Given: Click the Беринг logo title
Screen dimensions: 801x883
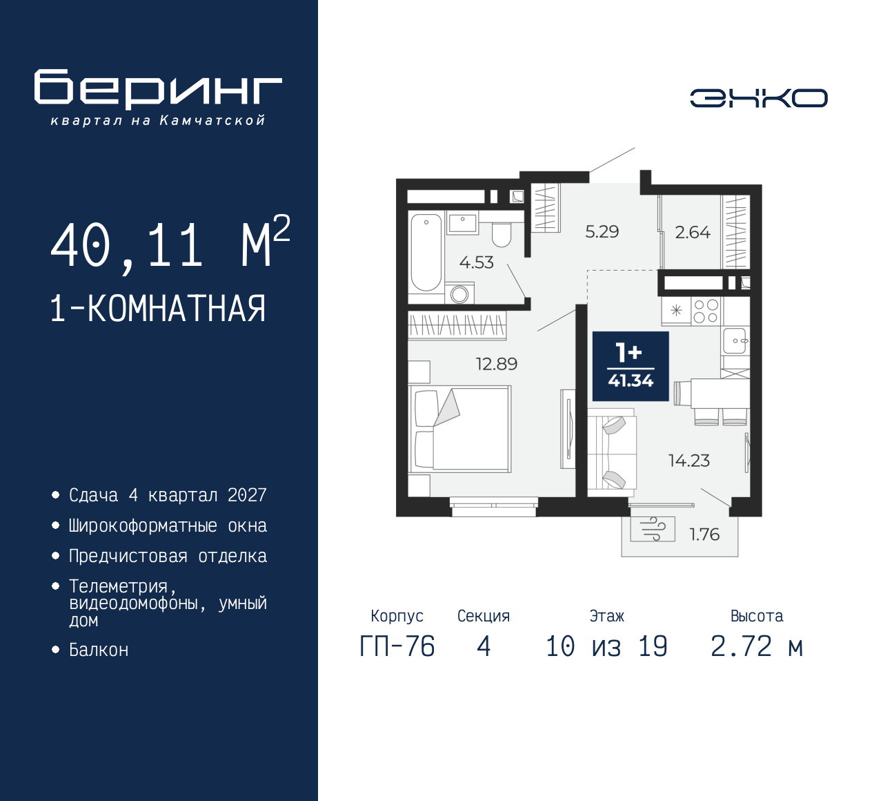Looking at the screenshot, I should (158, 88).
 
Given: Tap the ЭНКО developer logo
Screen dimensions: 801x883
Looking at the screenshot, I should (758, 98).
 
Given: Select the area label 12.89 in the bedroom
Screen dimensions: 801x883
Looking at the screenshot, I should (496, 364).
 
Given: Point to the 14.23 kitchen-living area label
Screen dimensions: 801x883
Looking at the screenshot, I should (688, 461).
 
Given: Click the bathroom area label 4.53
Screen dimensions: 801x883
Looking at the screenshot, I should (476, 262).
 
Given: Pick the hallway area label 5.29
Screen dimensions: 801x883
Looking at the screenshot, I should (602, 232).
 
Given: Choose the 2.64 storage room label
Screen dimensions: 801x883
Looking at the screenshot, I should (692, 233).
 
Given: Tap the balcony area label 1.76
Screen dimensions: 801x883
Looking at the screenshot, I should (704, 534).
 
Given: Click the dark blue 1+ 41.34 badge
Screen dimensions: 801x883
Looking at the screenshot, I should (631, 366).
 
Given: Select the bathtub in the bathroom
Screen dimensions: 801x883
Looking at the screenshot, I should (426, 252).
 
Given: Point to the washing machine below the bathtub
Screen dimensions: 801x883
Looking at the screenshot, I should (459, 294).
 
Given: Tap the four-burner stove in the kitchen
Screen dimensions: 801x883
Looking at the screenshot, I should (706, 311).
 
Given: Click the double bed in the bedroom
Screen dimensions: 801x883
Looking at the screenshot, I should (460, 429).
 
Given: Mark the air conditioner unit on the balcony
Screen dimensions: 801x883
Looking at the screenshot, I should (652, 530).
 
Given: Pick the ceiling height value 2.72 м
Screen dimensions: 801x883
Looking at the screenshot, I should (756, 647).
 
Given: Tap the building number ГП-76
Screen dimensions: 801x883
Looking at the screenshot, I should (397, 647).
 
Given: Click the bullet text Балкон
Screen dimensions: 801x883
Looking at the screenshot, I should (99, 650).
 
